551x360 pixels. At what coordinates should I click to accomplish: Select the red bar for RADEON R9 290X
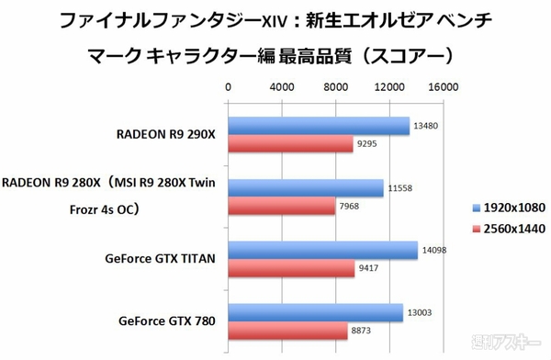[x=290, y=144]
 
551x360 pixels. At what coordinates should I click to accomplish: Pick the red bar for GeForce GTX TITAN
[x=290, y=269]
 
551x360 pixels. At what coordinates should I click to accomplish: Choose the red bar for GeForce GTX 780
[x=287, y=332]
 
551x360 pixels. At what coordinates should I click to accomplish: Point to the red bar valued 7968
[x=281, y=207]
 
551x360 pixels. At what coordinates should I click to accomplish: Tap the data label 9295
[x=368, y=144]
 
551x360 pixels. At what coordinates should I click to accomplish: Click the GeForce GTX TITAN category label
[x=161, y=260]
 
